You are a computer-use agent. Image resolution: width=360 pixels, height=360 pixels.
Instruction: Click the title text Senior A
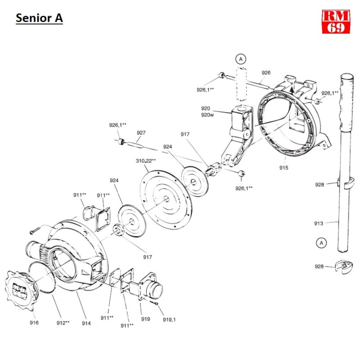pyautogui.click(x=39, y=18)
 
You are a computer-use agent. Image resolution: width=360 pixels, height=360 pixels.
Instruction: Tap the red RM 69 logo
pyautogui.click(x=336, y=21)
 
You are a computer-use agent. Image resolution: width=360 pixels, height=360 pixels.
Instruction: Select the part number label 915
pyautogui.click(x=283, y=168)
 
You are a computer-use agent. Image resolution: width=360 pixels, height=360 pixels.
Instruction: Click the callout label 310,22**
pyautogui.click(x=146, y=160)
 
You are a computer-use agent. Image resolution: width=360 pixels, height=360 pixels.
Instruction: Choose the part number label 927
pyautogui.click(x=141, y=133)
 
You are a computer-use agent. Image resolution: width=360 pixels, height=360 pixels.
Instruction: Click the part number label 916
pyautogui.click(x=34, y=323)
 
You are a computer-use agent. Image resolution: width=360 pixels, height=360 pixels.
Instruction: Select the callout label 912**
pyautogui.click(x=62, y=323)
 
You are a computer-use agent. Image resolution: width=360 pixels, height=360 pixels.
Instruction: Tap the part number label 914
pyautogui.click(x=86, y=323)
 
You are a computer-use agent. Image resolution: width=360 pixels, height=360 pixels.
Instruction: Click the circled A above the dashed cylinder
pyautogui.click(x=241, y=59)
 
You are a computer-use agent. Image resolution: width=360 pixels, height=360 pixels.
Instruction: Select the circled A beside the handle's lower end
pyautogui.click(x=321, y=243)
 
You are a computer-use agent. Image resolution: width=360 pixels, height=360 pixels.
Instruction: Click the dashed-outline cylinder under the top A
pyautogui.click(x=242, y=83)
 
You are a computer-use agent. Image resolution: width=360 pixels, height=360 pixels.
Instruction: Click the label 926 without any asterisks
pyautogui.click(x=266, y=72)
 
